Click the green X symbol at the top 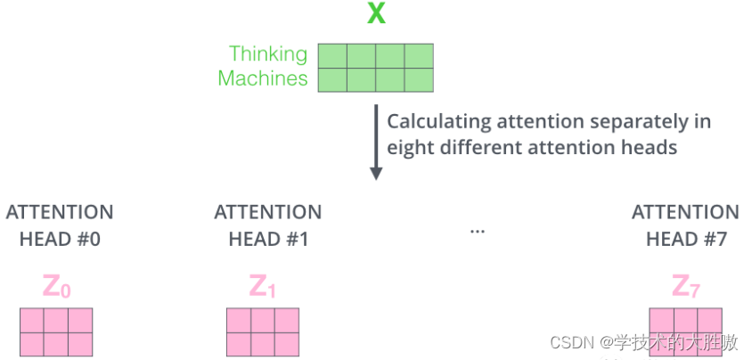pyautogui.click(x=376, y=14)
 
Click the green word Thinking pyautogui.click(x=268, y=54)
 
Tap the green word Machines pyautogui.click(x=263, y=78)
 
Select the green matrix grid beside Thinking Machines pyautogui.click(x=377, y=68)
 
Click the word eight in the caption pyautogui.click(x=406, y=147)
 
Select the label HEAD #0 pyautogui.click(x=60, y=239)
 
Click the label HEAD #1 pyautogui.click(x=268, y=239)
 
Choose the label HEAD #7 pyautogui.click(x=685, y=239)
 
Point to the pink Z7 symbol pyautogui.click(x=685, y=287)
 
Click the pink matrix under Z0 pyautogui.click(x=57, y=331)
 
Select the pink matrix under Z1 pyautogui.click(x=263, y=331)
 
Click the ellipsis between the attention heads pyautogui.click(x=477, y=231)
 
